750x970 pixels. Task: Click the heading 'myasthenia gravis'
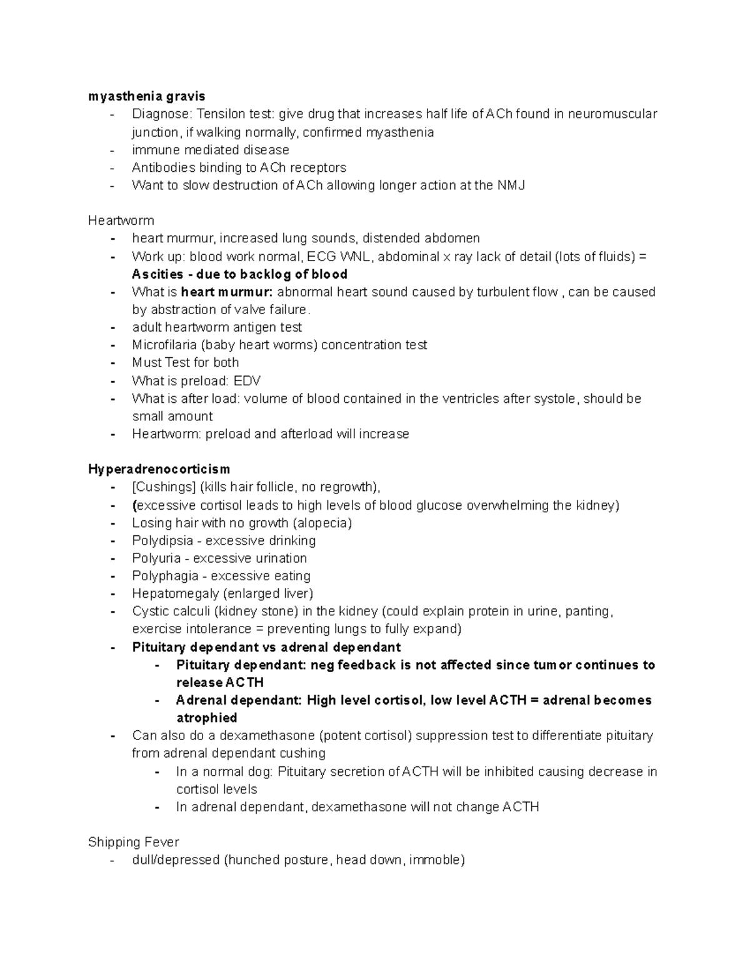coord(146,96)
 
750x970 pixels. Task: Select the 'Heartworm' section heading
coord(121,220)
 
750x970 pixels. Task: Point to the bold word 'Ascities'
coord(157,274)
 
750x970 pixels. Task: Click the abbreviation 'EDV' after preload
coord(247,381)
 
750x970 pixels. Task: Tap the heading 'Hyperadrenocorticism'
coord(159,469)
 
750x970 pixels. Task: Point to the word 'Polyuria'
coord(156,558)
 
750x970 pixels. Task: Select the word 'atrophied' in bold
coord(206,718)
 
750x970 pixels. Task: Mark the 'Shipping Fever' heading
coord(133,842)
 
